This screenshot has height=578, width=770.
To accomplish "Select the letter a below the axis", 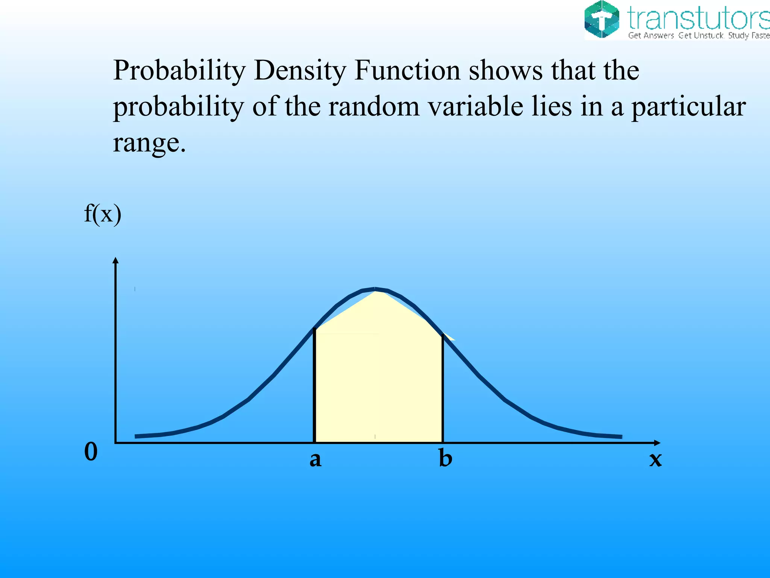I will tap(315, 459).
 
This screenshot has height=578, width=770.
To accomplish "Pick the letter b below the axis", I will tap(446, 458).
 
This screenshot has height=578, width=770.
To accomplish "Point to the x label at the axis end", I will tap(655, 459).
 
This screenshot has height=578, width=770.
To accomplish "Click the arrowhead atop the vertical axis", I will tap(115, 260).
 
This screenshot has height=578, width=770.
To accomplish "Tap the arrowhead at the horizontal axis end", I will tap(657, 443).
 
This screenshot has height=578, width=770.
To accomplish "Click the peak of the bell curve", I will tap(375, 289).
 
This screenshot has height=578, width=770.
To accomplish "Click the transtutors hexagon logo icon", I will tap(602, 20).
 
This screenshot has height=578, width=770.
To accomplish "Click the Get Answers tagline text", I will tap(651, 36).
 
